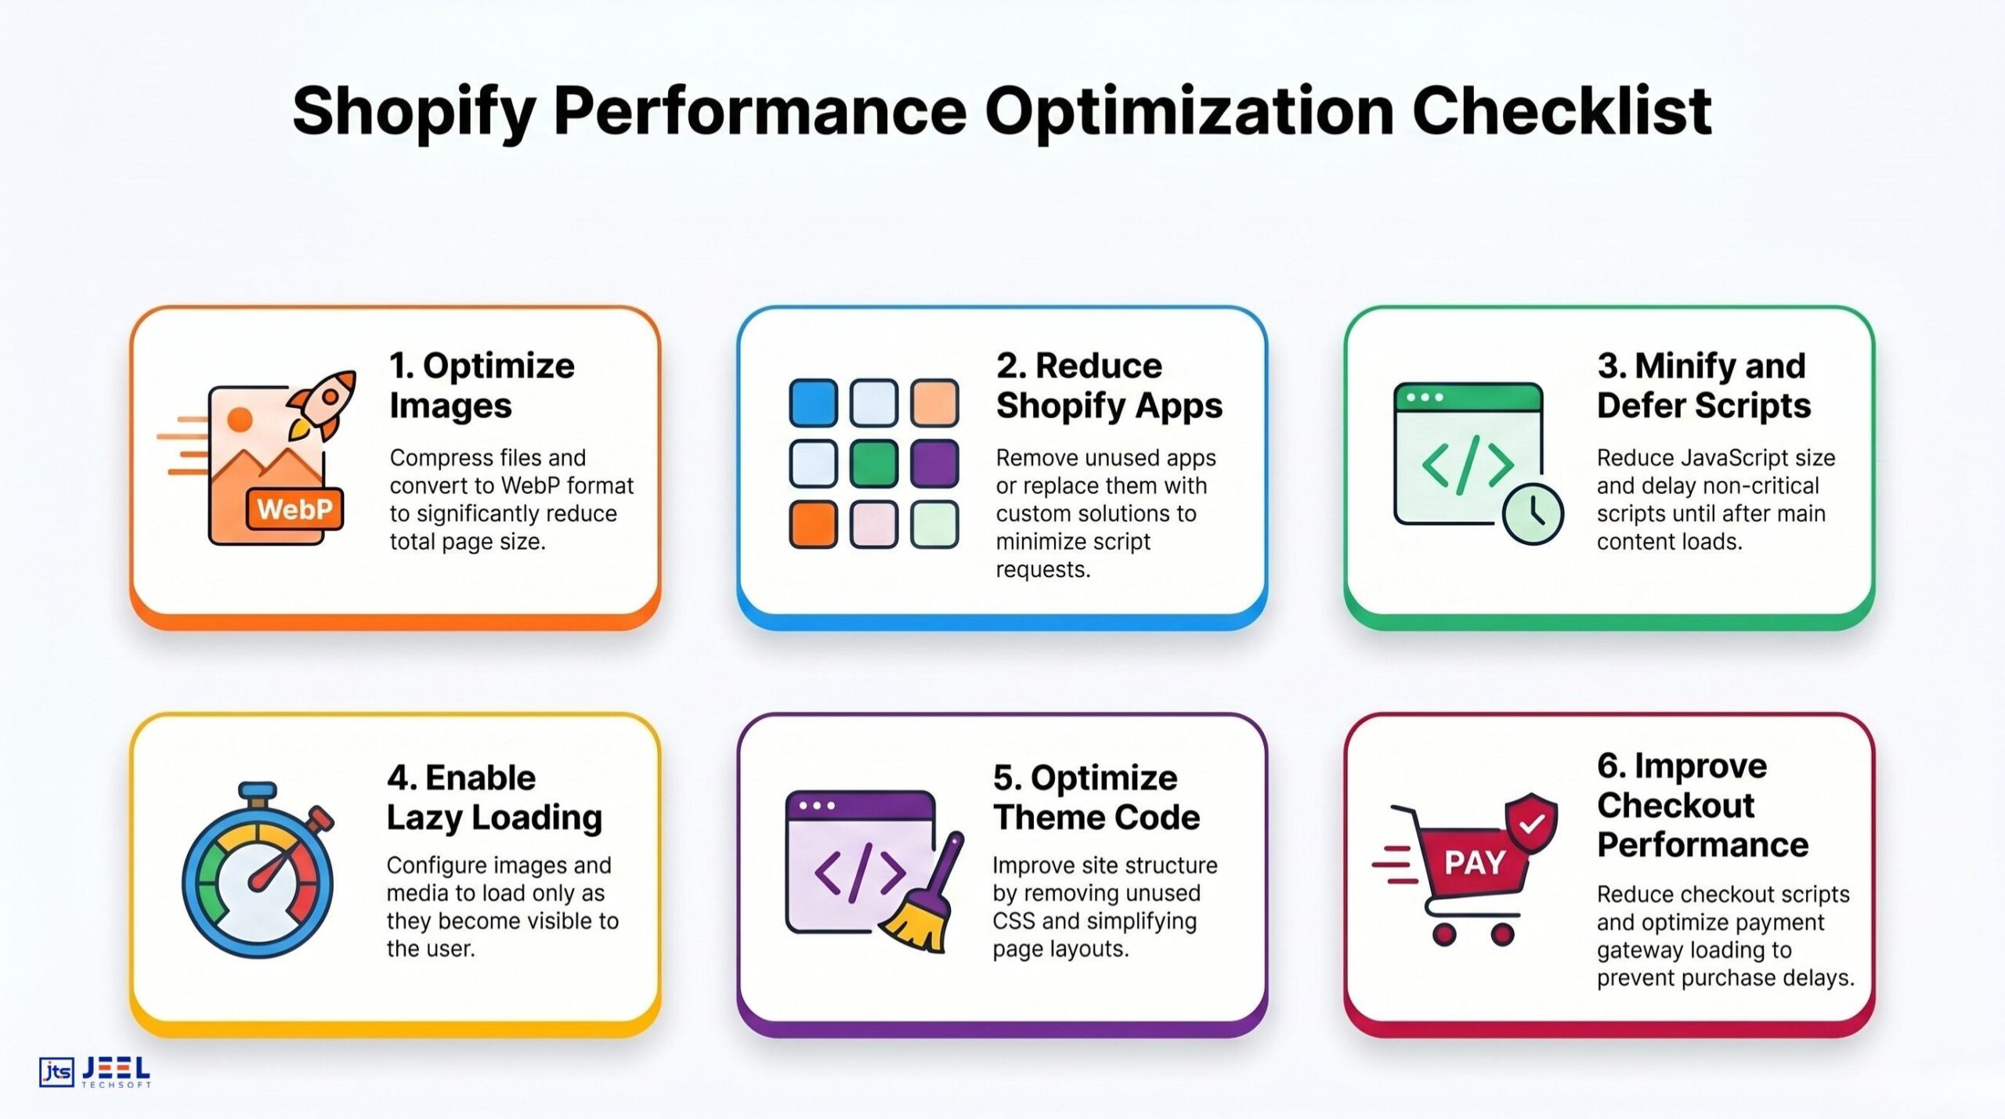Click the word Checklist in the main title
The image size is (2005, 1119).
[x=1561, y=111]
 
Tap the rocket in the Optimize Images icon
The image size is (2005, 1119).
[x=323, y=403]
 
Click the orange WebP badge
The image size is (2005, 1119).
[x=294, y=510]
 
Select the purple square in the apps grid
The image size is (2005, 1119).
[x=934, y=464]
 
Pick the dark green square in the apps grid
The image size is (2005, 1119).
[x=874, y=464]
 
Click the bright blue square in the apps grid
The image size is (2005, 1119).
[x=813, y=403]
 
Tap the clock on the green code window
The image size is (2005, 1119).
[x=1533, y=514]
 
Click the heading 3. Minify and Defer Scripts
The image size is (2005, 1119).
[x=1703, y=385]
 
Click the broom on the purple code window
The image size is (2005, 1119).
[x=924, y=901]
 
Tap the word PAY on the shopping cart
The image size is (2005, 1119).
[x=1474, y=863]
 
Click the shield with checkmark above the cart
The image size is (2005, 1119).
[x=1532, y=822]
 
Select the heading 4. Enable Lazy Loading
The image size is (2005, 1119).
[x=493, y=797]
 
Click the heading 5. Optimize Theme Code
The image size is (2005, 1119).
[x=1096, y=797]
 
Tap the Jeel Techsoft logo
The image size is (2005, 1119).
[x=95, y=1071]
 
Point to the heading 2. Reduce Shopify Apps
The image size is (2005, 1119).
[x=1108, y=385]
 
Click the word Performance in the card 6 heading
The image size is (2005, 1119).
[x=1703, y=845]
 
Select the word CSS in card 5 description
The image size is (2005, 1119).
[x=1013, y=921]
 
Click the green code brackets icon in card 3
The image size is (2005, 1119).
[x=1466, y=464]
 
